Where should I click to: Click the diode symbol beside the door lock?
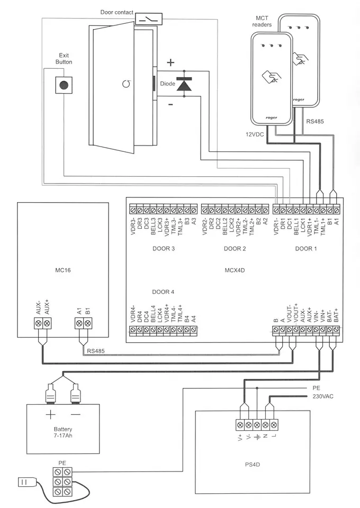coord(184,84)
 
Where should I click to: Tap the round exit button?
coord(64,85)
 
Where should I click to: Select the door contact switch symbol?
coord(148,19)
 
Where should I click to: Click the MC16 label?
coord(63,270)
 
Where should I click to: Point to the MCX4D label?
coord(235,270)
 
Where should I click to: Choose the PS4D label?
coord(253,465)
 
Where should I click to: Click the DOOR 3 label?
coord(164,249)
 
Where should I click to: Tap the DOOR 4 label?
coord(163,292)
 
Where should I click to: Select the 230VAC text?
coord(323,396)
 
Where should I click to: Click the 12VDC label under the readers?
coord(254,134)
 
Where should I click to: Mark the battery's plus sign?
coord(50,414)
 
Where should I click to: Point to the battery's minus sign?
coord(76,414)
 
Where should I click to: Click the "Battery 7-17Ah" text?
coord(63,432)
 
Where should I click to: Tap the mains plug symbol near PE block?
coord(26,482)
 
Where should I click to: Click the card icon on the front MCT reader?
coord(272,77)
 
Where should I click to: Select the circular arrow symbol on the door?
coord(127,84)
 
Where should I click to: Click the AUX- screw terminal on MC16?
coord(39,323)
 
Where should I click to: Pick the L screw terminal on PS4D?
coord(274,424)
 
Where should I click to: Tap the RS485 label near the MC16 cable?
coord(96,351)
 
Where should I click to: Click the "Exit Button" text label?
coord(64,59)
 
